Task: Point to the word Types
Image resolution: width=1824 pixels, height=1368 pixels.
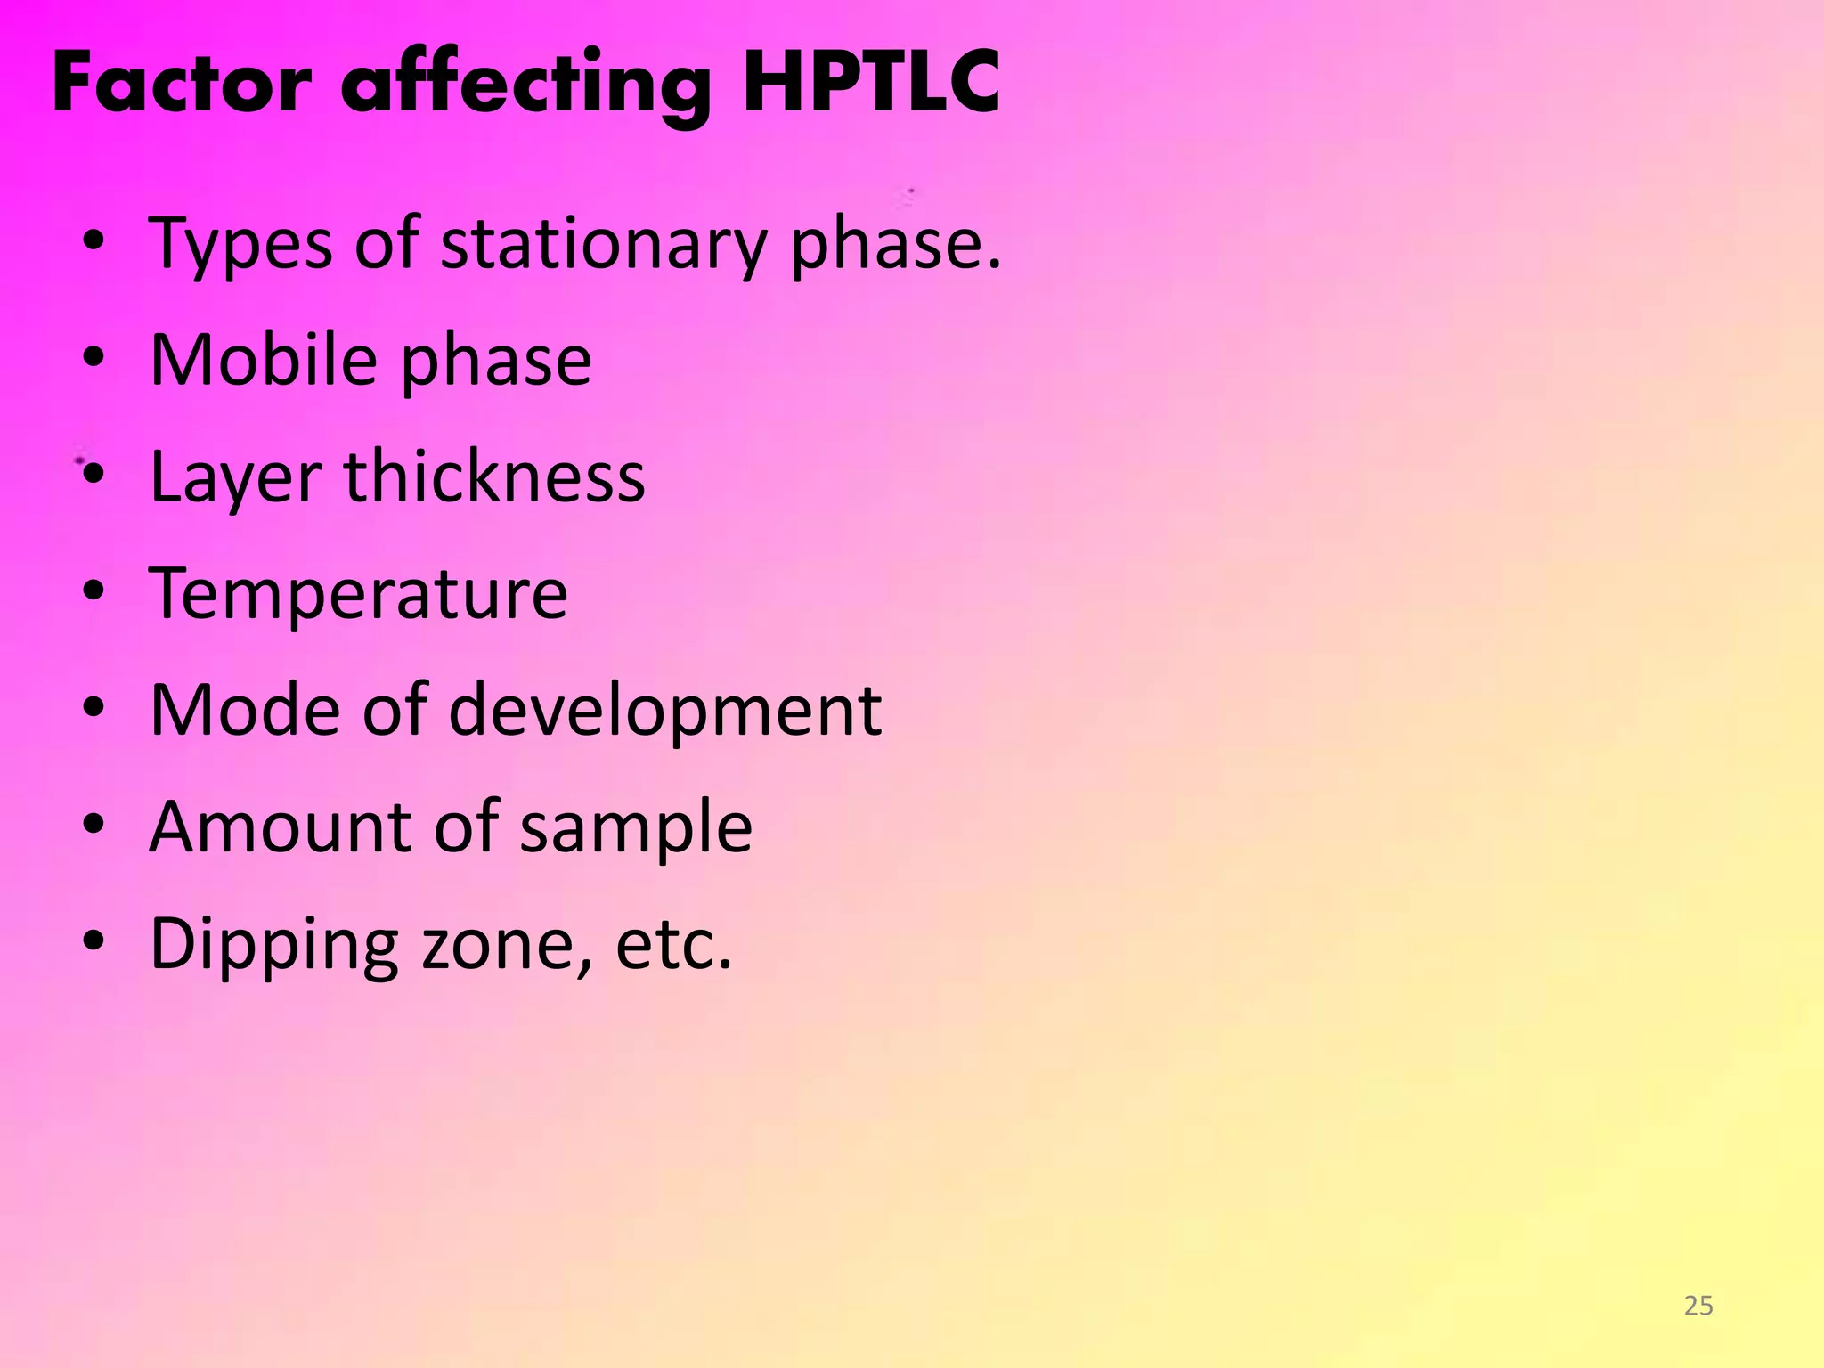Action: tap(241, 244)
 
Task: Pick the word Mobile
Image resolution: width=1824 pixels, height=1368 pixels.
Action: tap(264, 360)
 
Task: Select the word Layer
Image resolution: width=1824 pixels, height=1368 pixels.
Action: tap(235, 479)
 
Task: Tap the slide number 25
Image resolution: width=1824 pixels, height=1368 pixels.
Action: tap(1698, 1306)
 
